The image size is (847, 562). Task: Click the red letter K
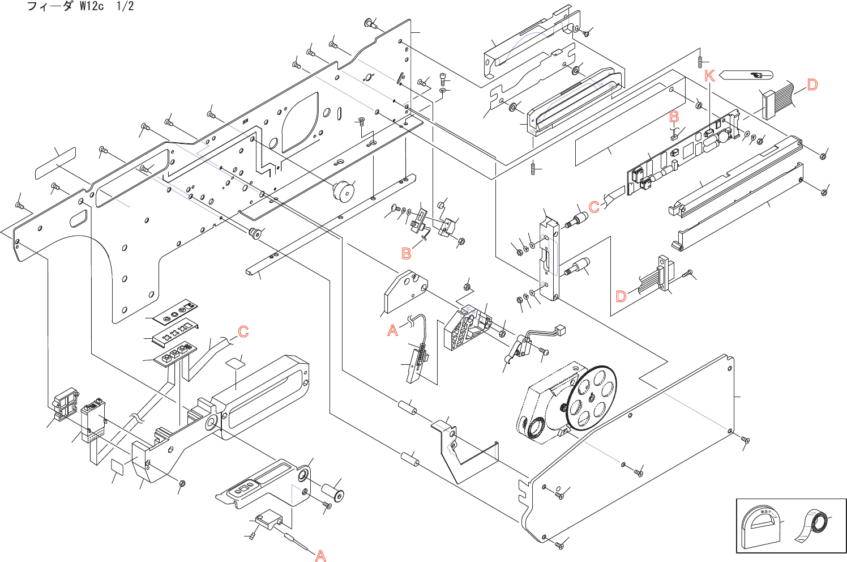[x=709, y=75]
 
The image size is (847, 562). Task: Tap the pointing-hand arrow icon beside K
[x=748, y=75]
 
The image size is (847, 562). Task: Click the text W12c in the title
[x=92, y=7]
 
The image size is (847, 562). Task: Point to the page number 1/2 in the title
[x=125, y=7]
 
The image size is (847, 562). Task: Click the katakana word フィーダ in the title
[x=50, y=7]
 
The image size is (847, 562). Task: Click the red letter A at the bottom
[x=320, y=556]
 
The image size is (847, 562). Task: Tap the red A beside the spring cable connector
[x=393, y=330]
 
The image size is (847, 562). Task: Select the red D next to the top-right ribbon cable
[x=812, y=85]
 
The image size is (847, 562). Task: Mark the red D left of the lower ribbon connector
[x=621, y=296]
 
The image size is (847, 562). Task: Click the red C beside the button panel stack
[x=243, y=331]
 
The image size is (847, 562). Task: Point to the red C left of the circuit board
[x=594, y=207]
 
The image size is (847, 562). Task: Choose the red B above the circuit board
[x=674, y=117]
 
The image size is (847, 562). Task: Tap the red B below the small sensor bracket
[x=407, y=253]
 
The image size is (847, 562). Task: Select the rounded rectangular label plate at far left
[x=55, y=163]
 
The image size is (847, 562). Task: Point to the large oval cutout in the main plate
[x=300, y=124]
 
